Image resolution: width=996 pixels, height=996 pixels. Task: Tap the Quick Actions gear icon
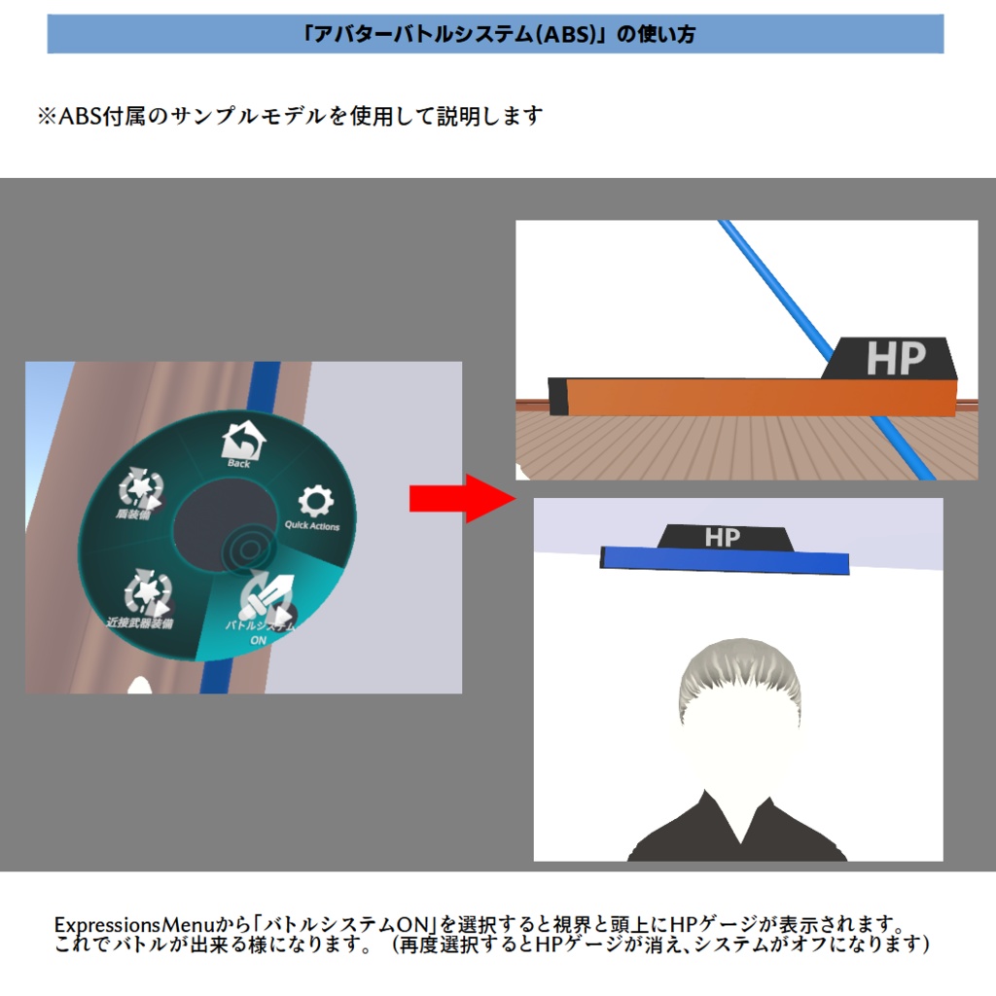pos(313,502)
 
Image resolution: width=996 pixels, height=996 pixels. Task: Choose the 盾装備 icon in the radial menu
pos(142,485)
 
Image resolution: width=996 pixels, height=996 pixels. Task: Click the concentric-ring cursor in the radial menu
pos(241,551)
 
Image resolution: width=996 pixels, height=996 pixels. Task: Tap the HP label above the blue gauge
pos(722,537)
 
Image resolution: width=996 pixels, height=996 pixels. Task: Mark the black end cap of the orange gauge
pos(558,396)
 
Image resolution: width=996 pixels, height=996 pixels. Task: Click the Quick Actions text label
pos(312,526)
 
